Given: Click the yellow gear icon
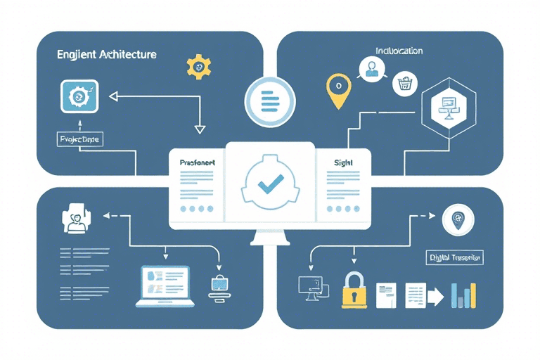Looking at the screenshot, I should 199,66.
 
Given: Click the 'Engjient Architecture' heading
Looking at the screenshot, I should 108,54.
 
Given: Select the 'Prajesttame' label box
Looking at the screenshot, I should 78,140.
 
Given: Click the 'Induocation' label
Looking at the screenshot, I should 399,51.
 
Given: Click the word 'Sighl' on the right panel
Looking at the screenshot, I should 344,162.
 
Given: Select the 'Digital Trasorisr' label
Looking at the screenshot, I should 455,258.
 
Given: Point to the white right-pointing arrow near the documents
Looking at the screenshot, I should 435,297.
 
